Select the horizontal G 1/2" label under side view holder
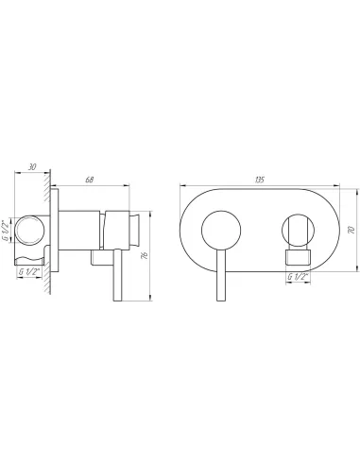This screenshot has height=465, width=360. point(31,271)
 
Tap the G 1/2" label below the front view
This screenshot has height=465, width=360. point(299,275)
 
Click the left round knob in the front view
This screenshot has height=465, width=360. point(224,230)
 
